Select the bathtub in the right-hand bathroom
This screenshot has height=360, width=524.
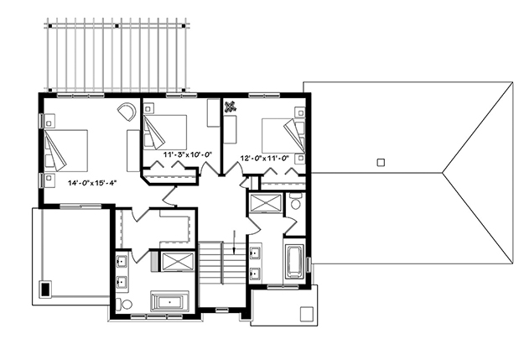295,260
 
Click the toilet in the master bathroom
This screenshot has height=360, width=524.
126,304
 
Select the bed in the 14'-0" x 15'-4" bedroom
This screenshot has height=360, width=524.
67,150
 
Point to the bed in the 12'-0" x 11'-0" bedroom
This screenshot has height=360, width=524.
282,134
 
